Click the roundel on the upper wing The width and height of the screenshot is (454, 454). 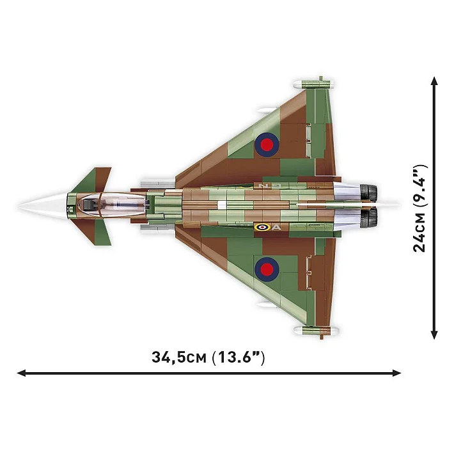click(x=267, y=145)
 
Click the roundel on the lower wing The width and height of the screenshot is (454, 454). click(x=267, y=269)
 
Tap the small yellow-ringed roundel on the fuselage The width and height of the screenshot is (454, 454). click(x=262, y=227)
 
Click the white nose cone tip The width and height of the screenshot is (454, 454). click(x=19, y=206)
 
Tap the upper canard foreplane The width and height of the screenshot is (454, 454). click(x=93, y=180)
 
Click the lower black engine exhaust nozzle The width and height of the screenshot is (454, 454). click(x=368, y=218)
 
